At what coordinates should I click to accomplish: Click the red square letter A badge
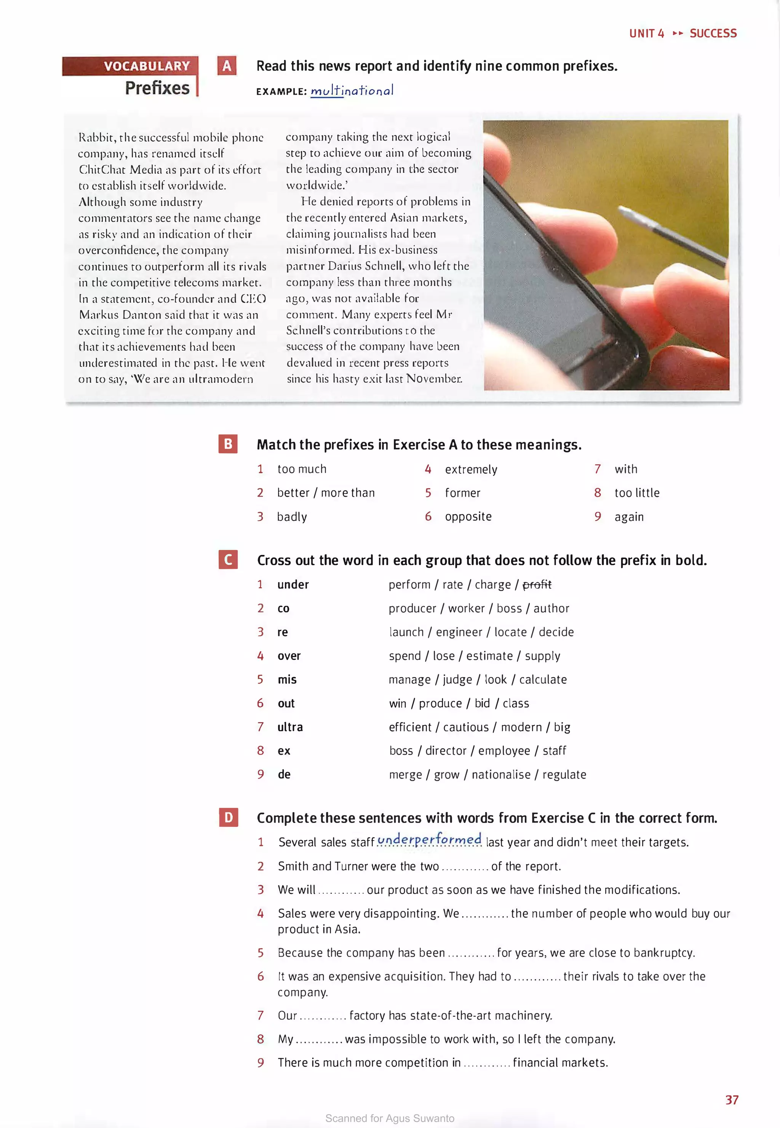click(227, 66)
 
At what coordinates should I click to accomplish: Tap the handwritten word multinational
click(352, 90)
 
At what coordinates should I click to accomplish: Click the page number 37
click(731, 1100)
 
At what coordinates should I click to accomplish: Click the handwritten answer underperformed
click(430, 840)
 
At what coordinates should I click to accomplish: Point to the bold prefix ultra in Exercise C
click(290, 727)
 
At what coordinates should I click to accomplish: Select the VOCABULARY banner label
click(147, 66)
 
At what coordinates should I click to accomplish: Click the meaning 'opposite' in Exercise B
click(468, 516)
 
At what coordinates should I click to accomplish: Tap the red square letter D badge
click(228, 817)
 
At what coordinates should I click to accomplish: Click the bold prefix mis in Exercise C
click(287, 679)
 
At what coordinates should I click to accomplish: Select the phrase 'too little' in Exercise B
click(636, 493)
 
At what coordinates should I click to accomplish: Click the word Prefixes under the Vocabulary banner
click(157, 88)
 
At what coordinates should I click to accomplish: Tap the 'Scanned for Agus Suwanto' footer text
click(390, 1118)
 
